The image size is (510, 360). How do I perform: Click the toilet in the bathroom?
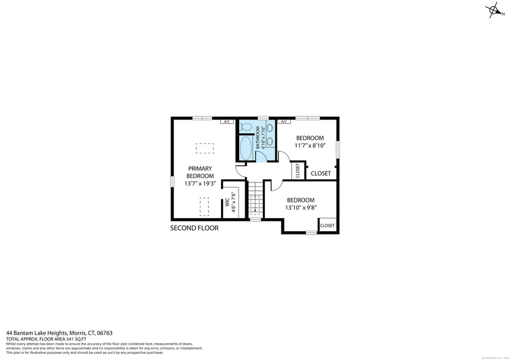tap(246, 127)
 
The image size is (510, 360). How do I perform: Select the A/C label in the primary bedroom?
tap(228, 122)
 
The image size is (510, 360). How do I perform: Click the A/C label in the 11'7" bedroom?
tap(284, 122)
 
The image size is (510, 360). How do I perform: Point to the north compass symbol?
tap(493, 10)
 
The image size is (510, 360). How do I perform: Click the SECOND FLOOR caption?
tap(194, 228)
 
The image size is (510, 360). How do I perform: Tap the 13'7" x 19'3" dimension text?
tap(200, 184)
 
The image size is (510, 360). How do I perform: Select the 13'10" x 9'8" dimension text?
tap(301, 208)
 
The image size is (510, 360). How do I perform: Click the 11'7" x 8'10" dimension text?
tap(310, 146)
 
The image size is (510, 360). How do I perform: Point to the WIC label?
tap(227, 202)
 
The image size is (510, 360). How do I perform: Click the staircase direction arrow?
tap(255, 208)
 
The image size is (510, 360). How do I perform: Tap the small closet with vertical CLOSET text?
tap(298, 170)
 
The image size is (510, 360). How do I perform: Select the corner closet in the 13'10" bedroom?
tap(327, 225)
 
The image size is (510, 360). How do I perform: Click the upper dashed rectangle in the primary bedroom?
tap(205, 148)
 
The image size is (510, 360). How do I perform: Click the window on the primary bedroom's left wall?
tap(172, 181)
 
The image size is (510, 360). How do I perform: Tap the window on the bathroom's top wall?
tap(263, 118)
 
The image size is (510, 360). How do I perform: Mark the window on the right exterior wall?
tap(338, 150)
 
